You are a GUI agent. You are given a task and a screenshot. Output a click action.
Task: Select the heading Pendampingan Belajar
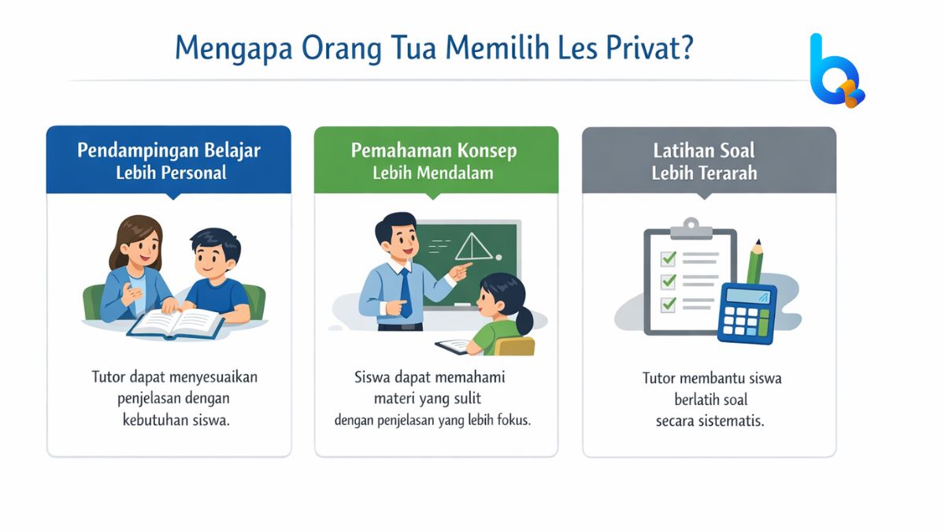pyautogui.click(x=169, y=150)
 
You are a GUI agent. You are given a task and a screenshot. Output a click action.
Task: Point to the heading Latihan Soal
pyautogui.click(x=705, y=150)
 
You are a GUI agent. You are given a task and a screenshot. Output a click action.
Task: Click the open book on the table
pyautogui.click(x=176, y=322)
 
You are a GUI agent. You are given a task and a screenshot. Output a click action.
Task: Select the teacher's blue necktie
pyautogui.click(x=405, y=292)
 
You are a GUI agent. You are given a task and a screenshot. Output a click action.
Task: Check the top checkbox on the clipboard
pyautogui.click(x=669, y=259)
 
